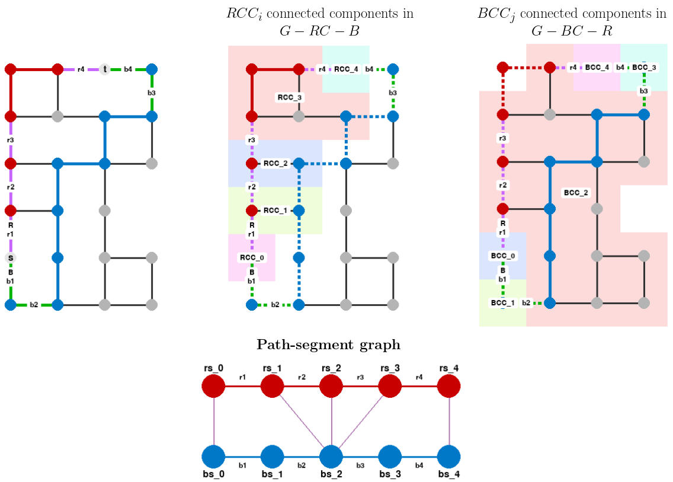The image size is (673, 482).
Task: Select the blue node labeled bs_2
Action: click(331, 457)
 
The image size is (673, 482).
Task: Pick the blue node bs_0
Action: click(213, 457)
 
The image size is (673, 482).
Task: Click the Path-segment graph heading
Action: click(328, 344)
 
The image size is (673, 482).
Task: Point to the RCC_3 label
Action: click(290, 97)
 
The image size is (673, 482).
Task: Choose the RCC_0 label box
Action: click(252, 257)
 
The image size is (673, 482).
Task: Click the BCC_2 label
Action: click(576, 193)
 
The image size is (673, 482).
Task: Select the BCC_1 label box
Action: click(503, 302)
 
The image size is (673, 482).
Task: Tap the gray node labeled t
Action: click(105, 69)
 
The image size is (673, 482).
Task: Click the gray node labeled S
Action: click(10, 258)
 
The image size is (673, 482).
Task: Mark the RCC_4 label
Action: click(346, 69)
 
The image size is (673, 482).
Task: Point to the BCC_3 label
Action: click(644, 68)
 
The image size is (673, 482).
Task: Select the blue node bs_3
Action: click(390, 457)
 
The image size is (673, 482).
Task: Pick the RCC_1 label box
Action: click(275, 210)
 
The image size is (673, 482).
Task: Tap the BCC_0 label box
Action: click(503, 256)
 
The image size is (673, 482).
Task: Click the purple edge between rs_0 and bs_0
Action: click(213, 422)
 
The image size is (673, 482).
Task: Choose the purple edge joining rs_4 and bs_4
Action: click(448, 422)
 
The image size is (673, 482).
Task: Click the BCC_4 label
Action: click(597, 68)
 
